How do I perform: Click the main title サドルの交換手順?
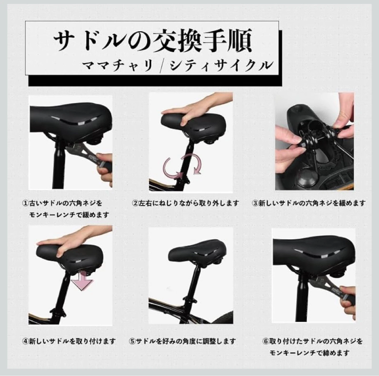[x=153, y=41]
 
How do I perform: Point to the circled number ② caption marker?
[x=135, y=203]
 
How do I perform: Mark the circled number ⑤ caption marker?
[x=132, y=341]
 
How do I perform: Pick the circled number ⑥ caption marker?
[x=266, y=341]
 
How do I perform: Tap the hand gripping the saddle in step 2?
[x=195, y=110]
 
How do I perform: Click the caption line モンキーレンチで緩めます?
[x=69, y=215]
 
